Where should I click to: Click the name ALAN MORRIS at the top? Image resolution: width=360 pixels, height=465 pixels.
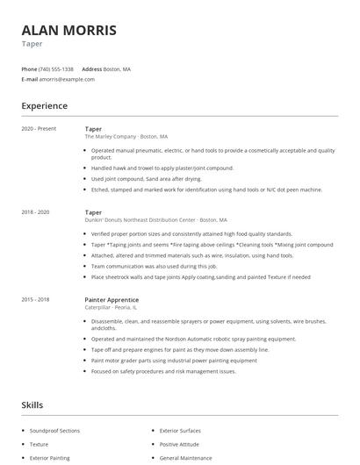point(68,30)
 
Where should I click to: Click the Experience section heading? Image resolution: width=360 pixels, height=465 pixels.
point(44,106)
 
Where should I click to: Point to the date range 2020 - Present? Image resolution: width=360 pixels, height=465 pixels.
point(39,129)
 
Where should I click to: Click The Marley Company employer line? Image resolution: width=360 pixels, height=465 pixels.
point(126,137)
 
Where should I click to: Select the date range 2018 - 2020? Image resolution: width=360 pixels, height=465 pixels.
point(36,212)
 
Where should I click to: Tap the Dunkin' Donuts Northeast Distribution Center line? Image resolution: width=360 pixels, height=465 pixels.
point(155,220)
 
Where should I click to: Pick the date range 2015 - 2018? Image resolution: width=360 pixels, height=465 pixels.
point(36,300)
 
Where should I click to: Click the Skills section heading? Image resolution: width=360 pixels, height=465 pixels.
point(32,405)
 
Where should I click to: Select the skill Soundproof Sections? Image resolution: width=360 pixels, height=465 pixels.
point(54,431)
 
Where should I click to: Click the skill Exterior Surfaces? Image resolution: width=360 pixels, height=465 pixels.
point(180,431)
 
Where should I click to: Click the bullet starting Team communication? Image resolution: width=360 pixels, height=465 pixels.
point(154,265)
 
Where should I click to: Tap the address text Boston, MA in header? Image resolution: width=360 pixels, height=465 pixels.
point(117,68)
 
